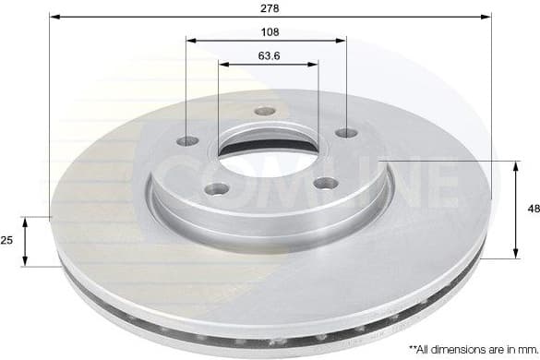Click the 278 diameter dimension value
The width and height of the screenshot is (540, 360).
[x=270, y=7]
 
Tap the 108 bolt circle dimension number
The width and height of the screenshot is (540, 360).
[x=267, y=31]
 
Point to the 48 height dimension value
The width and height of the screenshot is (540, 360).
[x=533, y=210]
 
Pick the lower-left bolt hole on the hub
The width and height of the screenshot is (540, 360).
[x=218, y=188]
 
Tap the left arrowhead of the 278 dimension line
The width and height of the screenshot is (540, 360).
[x=54, y=17]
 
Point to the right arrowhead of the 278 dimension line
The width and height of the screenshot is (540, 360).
[x=486, y=17]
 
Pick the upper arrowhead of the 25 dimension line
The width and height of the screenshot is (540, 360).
[x=27, y=220]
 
